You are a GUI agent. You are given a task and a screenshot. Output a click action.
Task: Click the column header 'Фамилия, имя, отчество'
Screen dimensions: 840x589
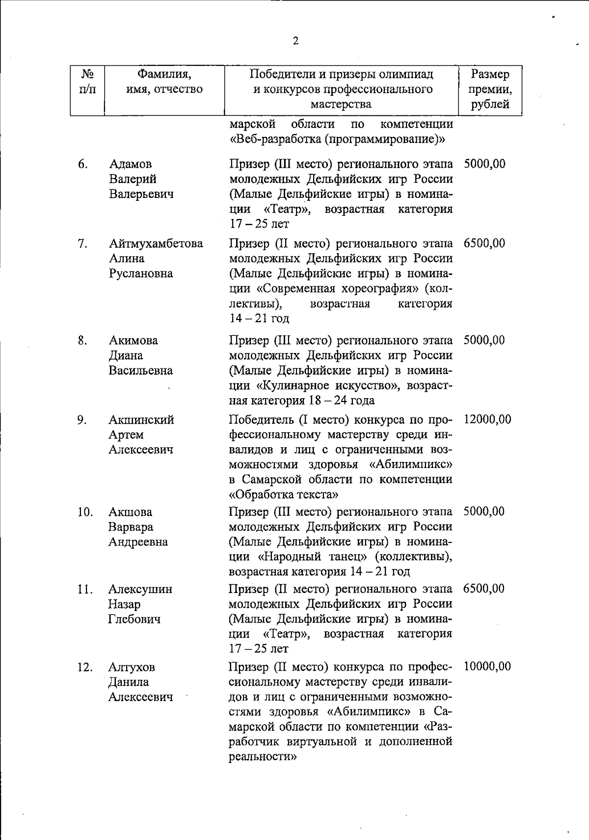click(164, 82)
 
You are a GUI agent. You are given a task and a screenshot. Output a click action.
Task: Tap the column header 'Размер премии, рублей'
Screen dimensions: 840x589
click(490, 89)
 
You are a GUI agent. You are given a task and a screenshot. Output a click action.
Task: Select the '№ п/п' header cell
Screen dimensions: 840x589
click(87, 82)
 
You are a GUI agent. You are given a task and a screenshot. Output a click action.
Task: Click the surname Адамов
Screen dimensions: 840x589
click(130, 164)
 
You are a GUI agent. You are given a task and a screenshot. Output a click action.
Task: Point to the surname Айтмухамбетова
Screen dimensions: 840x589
click(156, 244)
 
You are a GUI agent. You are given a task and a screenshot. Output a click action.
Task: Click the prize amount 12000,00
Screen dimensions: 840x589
click(487, 419)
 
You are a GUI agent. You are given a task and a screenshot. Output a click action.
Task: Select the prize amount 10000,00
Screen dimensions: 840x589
click(487, 666)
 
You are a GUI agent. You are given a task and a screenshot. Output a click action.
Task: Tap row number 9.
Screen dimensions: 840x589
click(82, 420)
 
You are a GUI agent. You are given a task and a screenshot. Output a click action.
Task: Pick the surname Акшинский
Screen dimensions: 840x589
click(141, 420)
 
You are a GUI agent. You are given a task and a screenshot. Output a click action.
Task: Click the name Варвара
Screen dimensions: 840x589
click(131, 527)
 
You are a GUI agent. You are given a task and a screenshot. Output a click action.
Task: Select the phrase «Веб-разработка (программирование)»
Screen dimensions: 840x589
click(337, 139)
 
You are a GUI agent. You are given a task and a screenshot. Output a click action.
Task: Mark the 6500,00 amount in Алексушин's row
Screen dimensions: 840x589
click(483, 589)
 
